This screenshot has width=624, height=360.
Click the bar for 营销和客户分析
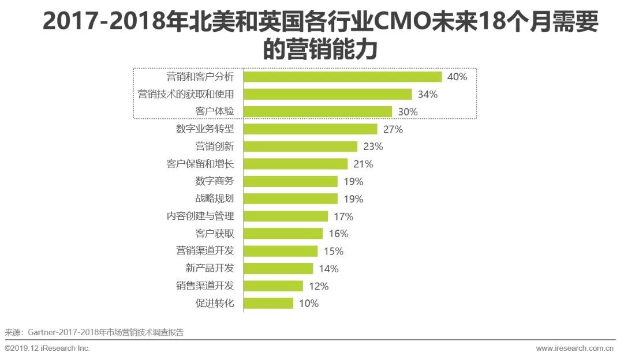(x=342, y=77)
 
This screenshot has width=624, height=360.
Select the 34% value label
(x=427, y=95)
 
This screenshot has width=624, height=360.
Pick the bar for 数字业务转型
(x=310, y=129)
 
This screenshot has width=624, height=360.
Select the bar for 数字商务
(x=290, y=181)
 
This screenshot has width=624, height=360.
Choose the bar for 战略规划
(x=290, y=199)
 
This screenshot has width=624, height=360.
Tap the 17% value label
(x=343, y=217)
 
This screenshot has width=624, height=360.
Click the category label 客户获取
(x=215, y=234)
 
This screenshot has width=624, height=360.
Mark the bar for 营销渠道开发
(x=281, y=251)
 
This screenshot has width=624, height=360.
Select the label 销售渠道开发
(x=205, y=286)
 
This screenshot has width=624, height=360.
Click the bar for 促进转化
(x=268, y=303)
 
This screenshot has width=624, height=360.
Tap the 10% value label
(x=309, y=303)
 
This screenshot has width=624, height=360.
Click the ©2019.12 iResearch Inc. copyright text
(x=47, y=348)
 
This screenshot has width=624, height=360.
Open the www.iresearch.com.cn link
(x=574, y=348)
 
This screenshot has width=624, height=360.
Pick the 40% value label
(x=457, y=77)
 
